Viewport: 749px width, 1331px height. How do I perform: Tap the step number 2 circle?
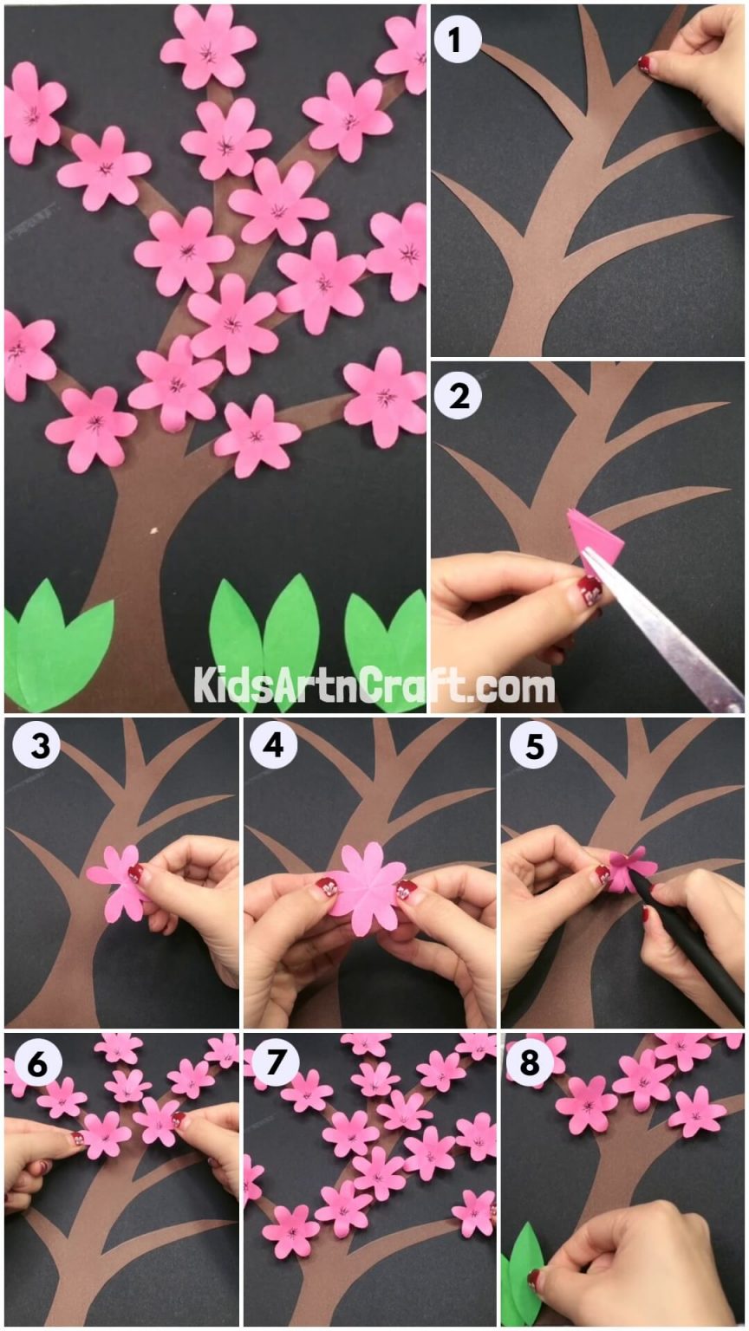pyautogui.click(x=458, y=397)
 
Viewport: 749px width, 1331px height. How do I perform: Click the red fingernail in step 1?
pyautogui.click(x=644, y=63)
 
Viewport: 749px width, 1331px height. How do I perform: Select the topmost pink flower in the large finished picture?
pyautogui.click(x=208, y=45)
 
